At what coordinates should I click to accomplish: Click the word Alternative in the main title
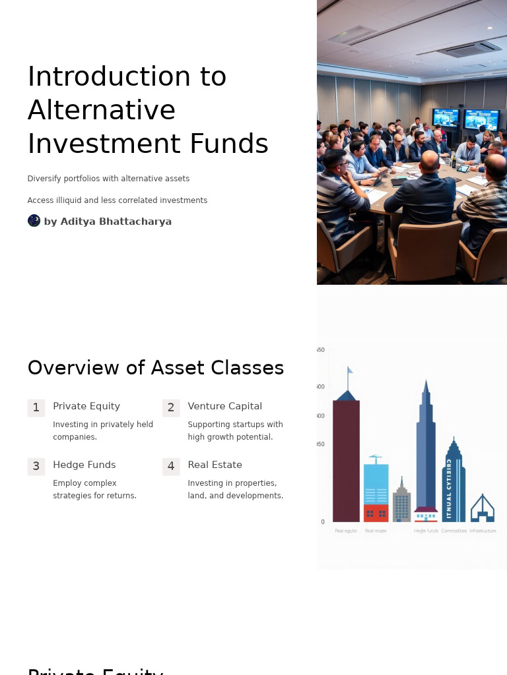click(102, 110)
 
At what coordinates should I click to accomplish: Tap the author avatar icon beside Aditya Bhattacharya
click(34, 221)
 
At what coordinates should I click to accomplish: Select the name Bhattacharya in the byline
click(135, 221)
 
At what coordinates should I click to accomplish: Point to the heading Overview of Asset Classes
click(155, 368)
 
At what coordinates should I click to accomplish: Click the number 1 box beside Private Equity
click(36, 408)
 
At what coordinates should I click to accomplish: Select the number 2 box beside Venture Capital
click(171, 408)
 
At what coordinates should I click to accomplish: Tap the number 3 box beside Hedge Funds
click(36, 467)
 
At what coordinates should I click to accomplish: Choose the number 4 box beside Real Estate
click(171, 467)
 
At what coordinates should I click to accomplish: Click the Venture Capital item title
click(224, 406)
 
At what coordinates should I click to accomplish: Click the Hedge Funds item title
click(84, 465)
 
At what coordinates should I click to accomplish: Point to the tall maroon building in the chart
click(346, 461)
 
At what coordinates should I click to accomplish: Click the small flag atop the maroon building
click(350, 370)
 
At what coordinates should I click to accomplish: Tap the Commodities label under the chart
click(454, 531)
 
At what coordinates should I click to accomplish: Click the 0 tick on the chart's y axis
click(323, 522)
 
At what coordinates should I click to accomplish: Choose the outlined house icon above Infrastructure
click(482, 509)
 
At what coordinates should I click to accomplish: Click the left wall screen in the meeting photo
click(446, 118)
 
